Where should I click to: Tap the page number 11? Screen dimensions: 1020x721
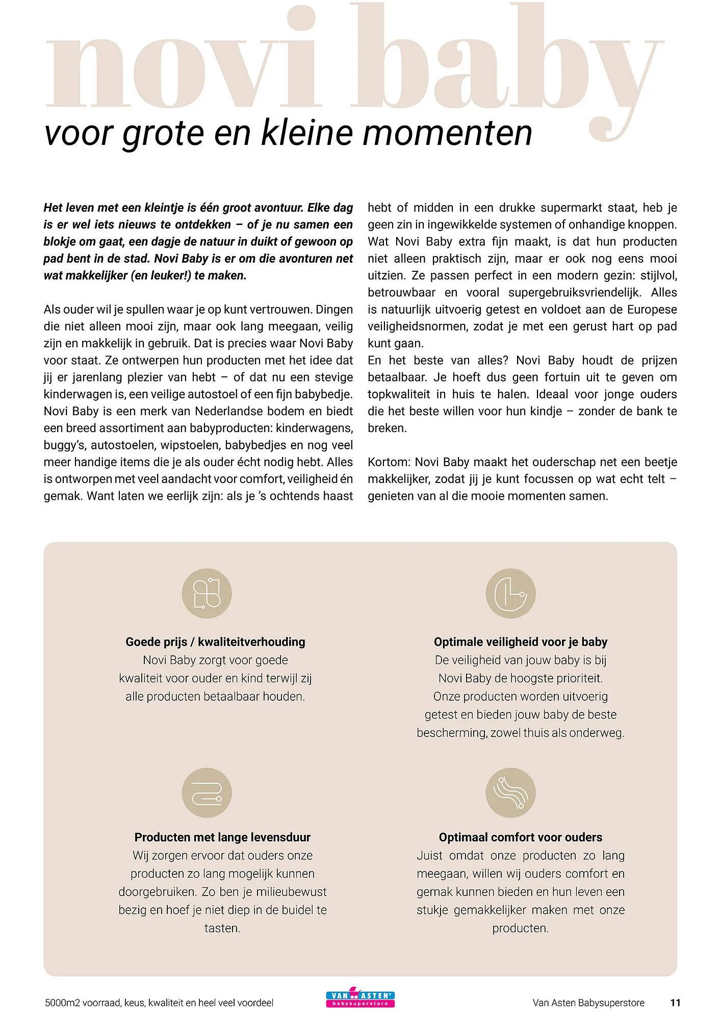point(675,1003)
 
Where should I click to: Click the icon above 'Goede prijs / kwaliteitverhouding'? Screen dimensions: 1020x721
point(207,594)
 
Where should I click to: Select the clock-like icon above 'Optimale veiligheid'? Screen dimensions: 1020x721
point(510,594)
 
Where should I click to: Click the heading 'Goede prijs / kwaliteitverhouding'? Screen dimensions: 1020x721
point(215,642)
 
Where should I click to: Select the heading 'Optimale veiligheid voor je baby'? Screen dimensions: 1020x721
point(521,642)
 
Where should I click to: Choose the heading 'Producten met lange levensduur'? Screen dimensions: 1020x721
point(222,837)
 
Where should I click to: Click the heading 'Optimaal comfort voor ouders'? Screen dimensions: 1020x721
point(521,837)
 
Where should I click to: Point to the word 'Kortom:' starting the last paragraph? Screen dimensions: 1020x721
point(389,462)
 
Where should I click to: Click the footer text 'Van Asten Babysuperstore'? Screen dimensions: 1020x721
point(588,1003)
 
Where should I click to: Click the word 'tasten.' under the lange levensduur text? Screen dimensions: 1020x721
point(222,928)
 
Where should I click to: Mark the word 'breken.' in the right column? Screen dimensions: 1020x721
point(388,428)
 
